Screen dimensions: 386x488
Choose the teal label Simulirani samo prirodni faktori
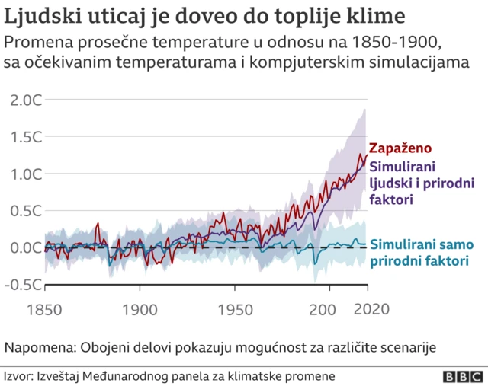click(422, 254)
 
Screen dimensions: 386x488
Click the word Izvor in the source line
click(18, 376)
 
